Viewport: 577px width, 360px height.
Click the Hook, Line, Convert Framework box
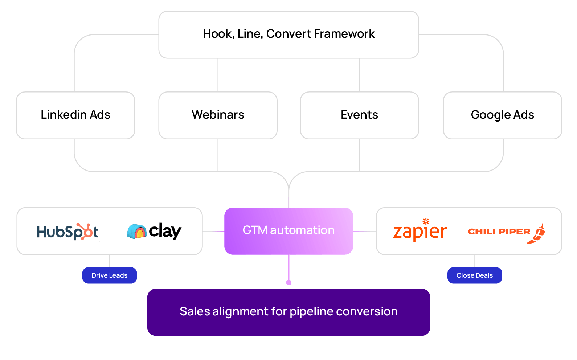point(288,34)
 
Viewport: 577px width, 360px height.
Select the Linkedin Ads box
point(75,115)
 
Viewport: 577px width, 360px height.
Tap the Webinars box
point(218,115)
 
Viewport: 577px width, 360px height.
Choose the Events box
point(359,115)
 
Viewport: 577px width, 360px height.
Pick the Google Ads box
point(502,115)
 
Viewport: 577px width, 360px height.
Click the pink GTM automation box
point(288,231)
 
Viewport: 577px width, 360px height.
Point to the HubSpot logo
point(67,232)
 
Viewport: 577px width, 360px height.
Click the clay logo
point(155,231)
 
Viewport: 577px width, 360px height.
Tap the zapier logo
point(420,231)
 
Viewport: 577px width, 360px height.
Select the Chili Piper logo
point(506,232)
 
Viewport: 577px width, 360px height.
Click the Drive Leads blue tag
point(110,275)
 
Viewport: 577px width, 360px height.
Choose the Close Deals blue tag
point(475,275)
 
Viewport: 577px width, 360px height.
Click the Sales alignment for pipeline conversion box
point(288,312)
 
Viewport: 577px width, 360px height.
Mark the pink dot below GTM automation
point(289,282)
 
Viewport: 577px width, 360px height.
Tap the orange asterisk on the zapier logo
point(426,221)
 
